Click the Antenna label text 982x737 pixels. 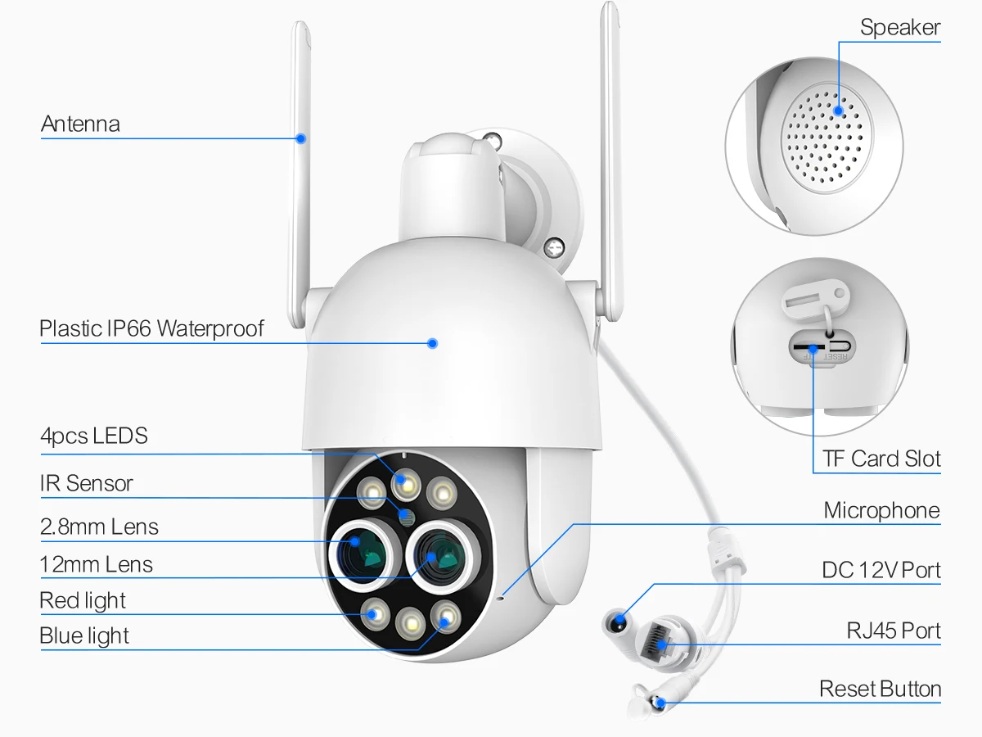pyautogui.click(x=80, y=124)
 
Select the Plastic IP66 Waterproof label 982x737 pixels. pyautogui.click(x=152, y=329)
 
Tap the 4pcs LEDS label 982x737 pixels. pyautogui.click(x=94, y=436)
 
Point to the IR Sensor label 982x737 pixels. pyautogui.click(x=86, y=484)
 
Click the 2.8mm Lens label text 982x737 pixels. pyautogui.click(x=99, y=527)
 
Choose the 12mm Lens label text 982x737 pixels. pyautogui.click(x=96, y=564)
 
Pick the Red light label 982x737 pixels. pyautogui.click(x=83, y=600)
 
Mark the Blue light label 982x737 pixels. pyautogui.click(x=84, y=635)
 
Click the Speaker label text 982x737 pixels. pyautogui.click(x=900, y=28)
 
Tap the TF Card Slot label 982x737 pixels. pyautogui.click(x=881, y=459)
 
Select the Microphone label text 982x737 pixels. pyautogui.click(x=881, y=511)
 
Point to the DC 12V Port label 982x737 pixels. pyautogui.click(x=881, y=570)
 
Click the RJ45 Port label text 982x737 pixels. pyautogui.click(x=894, y=631)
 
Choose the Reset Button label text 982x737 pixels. pyautogui.click(x=880, y=690)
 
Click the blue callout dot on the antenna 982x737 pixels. pyautogui.click(x=301, y=138)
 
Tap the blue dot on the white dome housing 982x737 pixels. pyautogui.click(x=433, y=343)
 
